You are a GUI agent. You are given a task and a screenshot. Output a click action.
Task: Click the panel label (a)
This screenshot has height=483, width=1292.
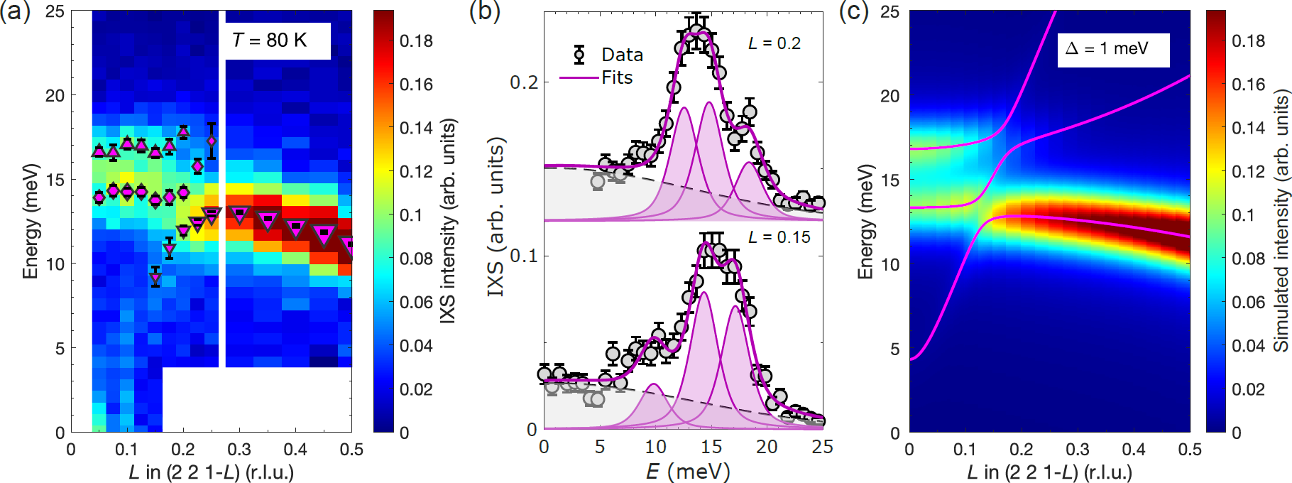(x=15, y=13)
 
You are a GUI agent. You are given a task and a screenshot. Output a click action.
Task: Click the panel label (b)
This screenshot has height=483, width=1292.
(x=485, y=13)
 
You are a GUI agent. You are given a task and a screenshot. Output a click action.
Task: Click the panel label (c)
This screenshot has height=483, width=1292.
(x=854, y=13)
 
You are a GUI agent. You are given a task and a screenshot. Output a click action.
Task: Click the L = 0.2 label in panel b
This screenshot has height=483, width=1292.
(x=774, y=44)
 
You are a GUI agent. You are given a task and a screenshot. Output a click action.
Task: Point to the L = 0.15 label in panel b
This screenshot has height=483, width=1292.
(x=779, y=237)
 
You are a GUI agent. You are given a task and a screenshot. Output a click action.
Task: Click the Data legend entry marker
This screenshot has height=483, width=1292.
(x=579, y=55)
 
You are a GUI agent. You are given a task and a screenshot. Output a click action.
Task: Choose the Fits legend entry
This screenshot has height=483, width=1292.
(x=616, y=78)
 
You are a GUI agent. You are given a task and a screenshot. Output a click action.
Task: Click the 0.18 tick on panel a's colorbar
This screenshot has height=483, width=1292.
(x=416, y=41)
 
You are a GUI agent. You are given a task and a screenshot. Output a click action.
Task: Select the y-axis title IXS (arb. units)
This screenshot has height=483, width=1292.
(x=496, y=217)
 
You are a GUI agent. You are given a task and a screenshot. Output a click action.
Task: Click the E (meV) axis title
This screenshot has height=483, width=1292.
(x=687, y=471)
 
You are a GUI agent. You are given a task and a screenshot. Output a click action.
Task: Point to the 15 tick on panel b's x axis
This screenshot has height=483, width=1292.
(x=711, y=447)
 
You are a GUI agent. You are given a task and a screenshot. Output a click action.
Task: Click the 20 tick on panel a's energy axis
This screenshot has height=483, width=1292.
(x=55, y=95)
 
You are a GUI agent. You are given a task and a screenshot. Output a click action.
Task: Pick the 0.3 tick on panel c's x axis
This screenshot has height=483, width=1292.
(x=1077, y=450)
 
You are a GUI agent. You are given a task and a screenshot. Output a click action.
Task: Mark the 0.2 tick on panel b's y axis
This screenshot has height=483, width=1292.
(x=524, y=82)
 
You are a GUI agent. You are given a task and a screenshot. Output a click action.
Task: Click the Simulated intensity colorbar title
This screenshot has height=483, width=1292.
(x=1280, y=220)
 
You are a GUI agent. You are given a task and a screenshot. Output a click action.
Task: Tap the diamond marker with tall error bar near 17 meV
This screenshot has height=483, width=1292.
(x=212, y=141)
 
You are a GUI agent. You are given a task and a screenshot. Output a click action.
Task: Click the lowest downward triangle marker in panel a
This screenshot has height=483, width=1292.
(x=155, y=278)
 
